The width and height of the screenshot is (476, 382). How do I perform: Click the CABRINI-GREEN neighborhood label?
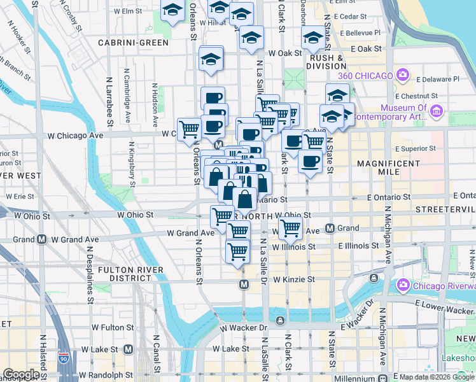click(133, 43)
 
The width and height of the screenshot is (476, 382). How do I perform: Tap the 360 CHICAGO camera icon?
click(402, 76)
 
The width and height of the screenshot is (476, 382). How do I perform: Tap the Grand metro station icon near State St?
click(330, 228)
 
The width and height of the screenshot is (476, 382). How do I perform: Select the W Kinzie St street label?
click(294, 279)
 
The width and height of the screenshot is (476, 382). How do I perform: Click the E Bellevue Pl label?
click(360, 32)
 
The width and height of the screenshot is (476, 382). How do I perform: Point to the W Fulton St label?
click(113, 327)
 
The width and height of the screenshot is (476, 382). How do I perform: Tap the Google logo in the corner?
click(20, 374)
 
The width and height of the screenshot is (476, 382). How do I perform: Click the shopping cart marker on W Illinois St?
click(237, 252)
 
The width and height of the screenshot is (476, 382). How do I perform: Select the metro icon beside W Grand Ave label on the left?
click(41, 239)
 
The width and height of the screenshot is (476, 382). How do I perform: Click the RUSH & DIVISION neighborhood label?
click(325, 62)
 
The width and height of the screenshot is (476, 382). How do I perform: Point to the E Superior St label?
click(415, 148)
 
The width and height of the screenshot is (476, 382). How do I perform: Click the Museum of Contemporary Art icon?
click(436, 112)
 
